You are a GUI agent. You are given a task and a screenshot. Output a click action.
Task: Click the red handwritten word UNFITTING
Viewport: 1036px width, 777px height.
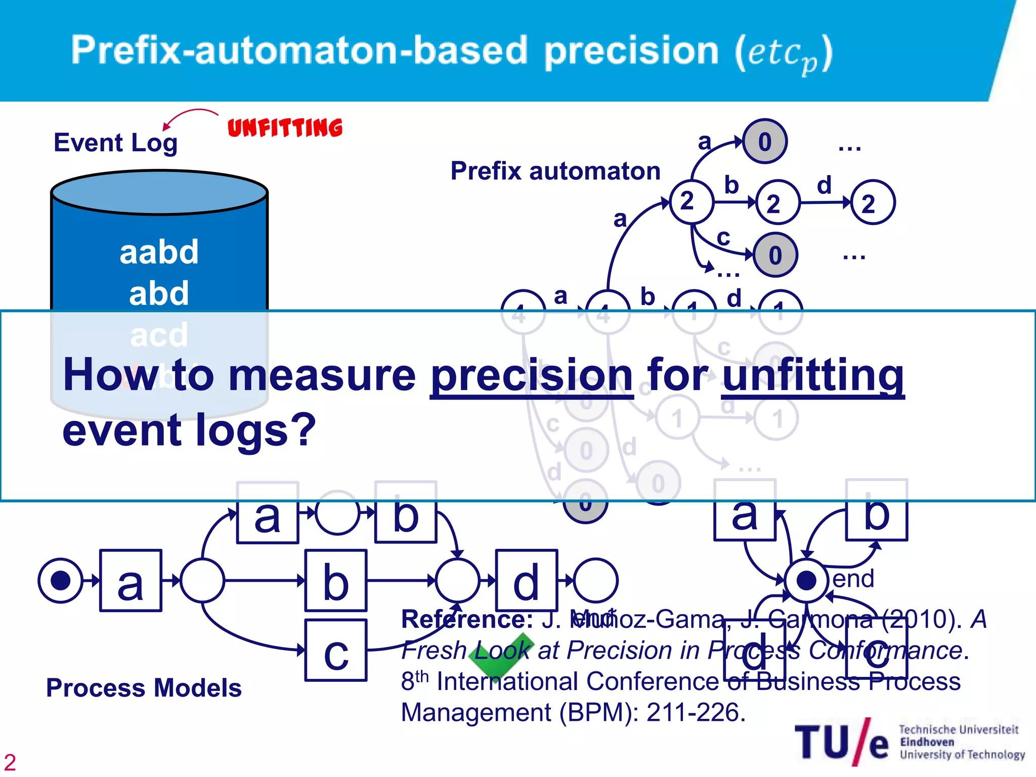(x=285, y=127)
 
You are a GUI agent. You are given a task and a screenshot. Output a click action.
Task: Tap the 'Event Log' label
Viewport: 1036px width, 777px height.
(x=115, y=143)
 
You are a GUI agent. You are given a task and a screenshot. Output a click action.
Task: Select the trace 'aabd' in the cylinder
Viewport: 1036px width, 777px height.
(x=159, y=252)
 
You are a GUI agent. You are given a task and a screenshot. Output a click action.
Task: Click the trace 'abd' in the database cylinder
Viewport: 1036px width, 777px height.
(x=159, y=293)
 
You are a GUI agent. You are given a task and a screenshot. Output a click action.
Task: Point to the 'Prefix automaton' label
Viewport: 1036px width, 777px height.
(x=555, y=171)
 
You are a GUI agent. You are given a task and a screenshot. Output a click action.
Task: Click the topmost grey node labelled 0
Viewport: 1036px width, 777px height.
(x=764, y=142)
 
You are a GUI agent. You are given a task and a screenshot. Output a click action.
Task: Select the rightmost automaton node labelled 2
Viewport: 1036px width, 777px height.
(x=873, y=203)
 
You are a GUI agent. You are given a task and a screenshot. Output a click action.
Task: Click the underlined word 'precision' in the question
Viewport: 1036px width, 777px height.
(x=531, y=375)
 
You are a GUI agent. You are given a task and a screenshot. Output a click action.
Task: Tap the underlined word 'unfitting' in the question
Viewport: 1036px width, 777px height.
(x=812, y=375)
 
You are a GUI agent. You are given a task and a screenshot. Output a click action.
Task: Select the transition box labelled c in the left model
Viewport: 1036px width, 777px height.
(x=336, y=651)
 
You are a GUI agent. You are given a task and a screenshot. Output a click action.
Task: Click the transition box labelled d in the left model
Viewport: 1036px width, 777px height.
(x=526, y=581)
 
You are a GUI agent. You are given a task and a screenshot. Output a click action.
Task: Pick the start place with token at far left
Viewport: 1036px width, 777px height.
(x=61, y=581)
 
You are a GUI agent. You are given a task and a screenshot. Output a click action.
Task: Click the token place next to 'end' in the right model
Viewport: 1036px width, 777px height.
(x=806, y=581)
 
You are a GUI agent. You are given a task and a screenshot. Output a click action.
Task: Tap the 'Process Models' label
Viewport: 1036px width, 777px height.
(x=144, y=688)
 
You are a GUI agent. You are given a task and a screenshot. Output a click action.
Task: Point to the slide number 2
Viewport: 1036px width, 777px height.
(x=10, y=762)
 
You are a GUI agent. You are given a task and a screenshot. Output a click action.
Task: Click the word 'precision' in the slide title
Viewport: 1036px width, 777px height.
(x=631, y=51)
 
